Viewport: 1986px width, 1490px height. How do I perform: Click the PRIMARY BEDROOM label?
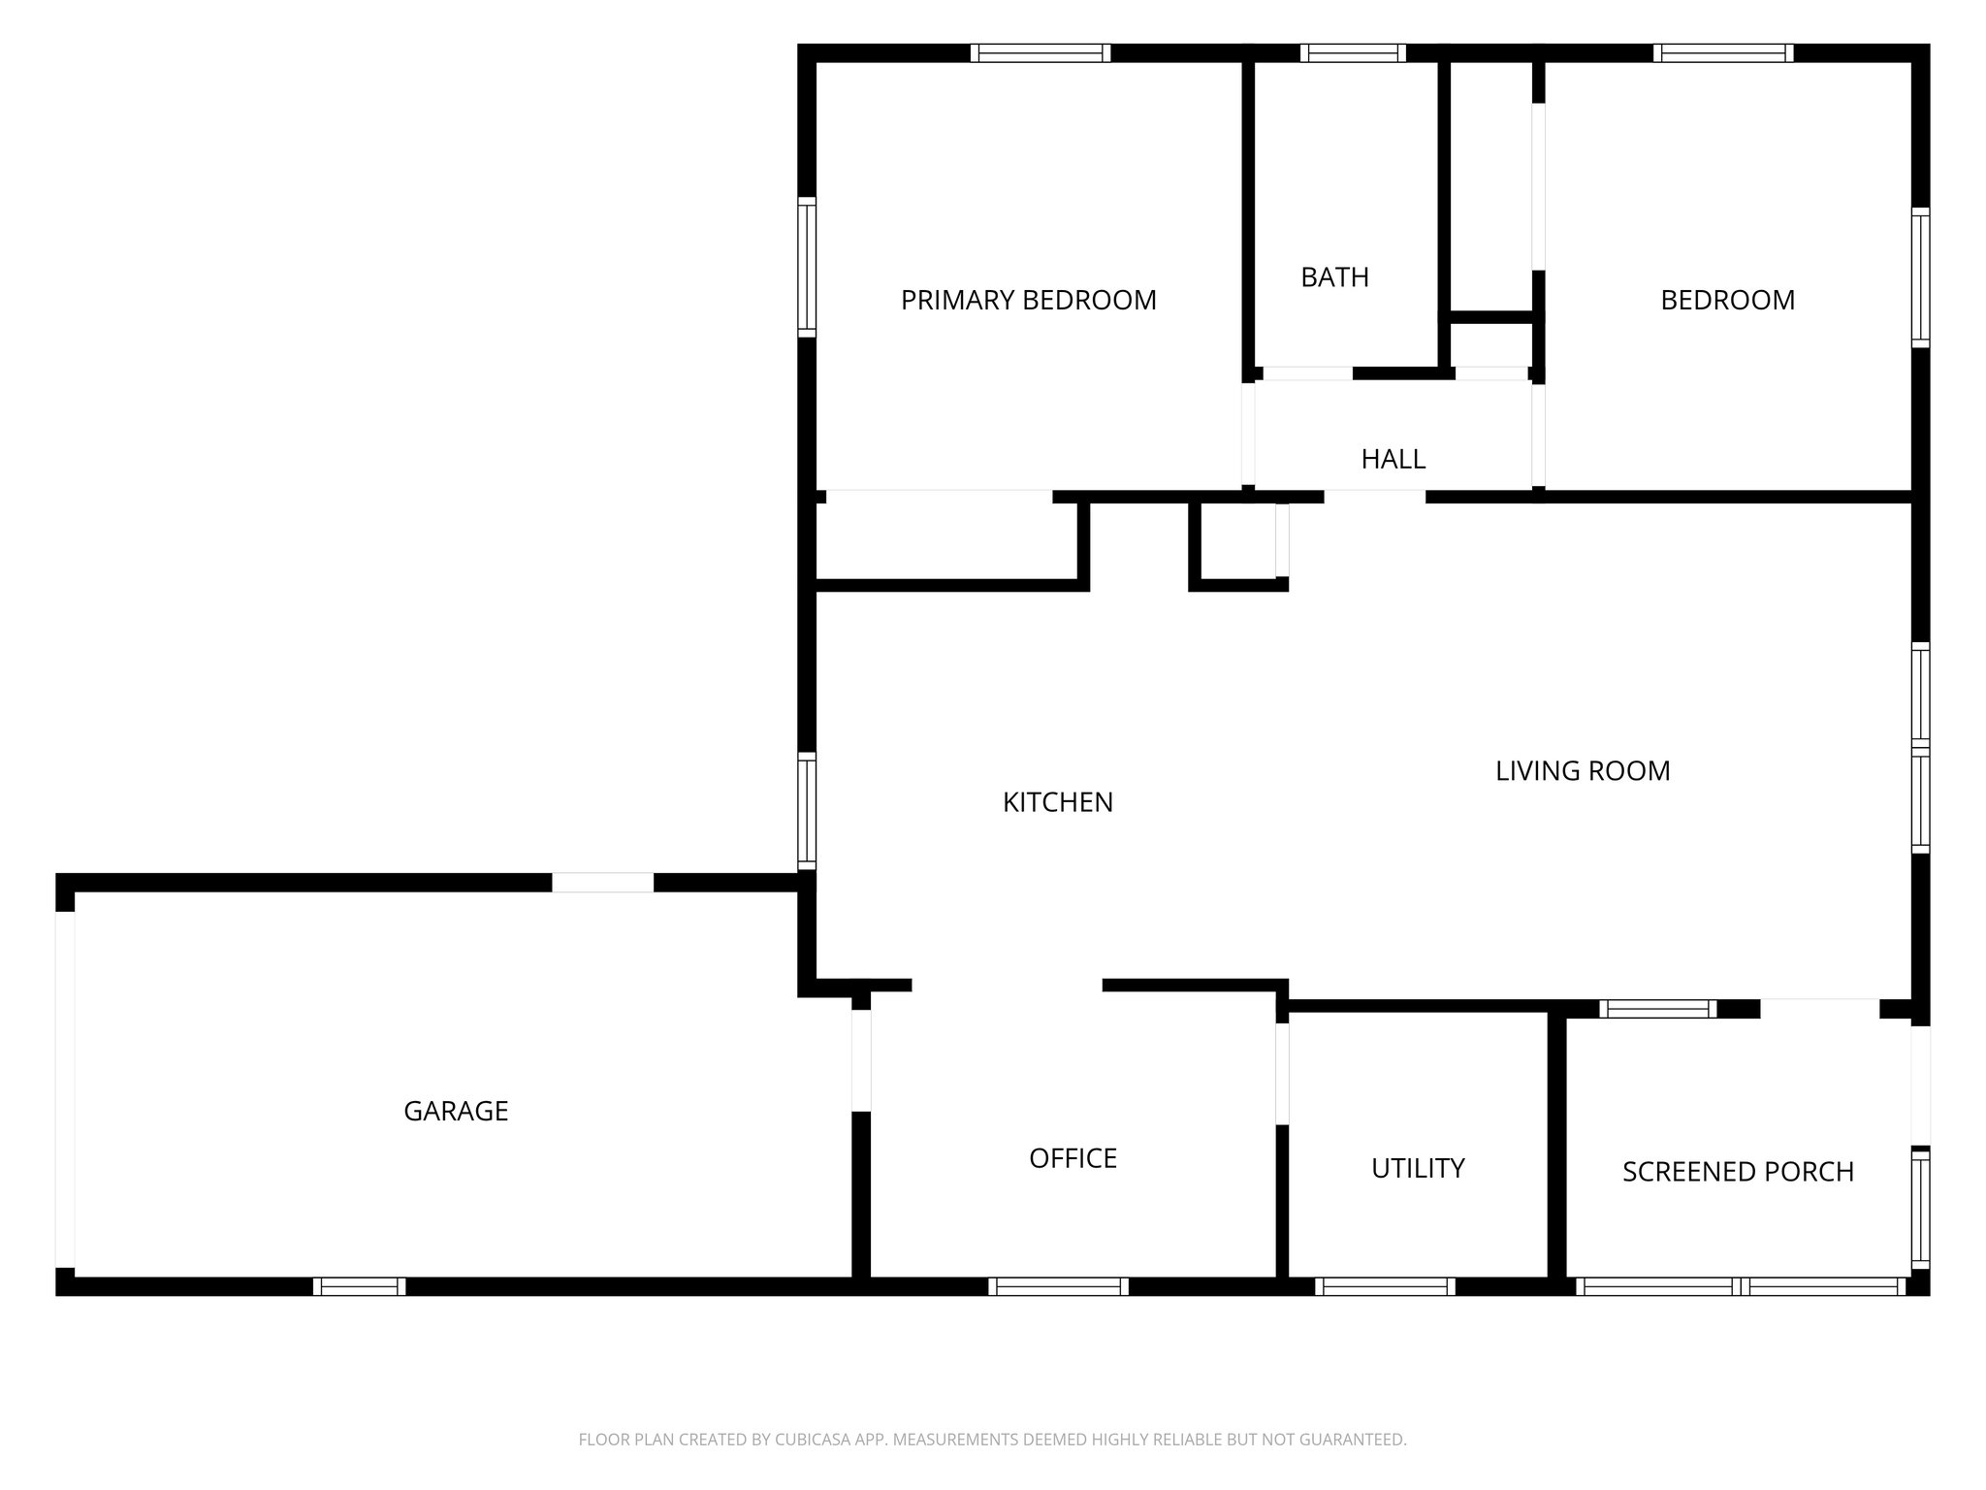pos(1028,301)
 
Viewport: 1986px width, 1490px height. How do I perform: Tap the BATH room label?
pos(1334,277)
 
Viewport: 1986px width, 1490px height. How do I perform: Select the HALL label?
pos(1393,459)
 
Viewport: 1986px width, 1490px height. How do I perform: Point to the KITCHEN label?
pos(1057,802)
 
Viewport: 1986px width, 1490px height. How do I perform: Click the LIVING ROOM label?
pos(1582,771)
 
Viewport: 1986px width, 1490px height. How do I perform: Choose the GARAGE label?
pos(456,1111)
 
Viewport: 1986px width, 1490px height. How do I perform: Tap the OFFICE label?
pos(1073,1158)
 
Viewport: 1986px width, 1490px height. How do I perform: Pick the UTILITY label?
pos(1417,1168)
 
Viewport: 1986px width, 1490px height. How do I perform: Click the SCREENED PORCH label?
pos(1737,1172)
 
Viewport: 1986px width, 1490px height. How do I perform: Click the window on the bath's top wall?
pos(1352,53)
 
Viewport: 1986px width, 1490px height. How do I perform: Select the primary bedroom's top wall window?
pos(1041,53)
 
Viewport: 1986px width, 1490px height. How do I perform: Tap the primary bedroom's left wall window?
pos(806,267)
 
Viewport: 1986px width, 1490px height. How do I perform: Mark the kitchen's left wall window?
pos(806,809)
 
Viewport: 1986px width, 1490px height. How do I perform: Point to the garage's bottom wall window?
pos(359,1286)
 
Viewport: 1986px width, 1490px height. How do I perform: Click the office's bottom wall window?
pos(1058,1286)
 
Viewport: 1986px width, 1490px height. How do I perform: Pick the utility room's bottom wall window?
pos(1385,1286)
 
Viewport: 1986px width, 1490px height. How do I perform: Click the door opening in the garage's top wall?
pos(602,883)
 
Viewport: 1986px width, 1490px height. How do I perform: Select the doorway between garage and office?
pos(860,1060)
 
